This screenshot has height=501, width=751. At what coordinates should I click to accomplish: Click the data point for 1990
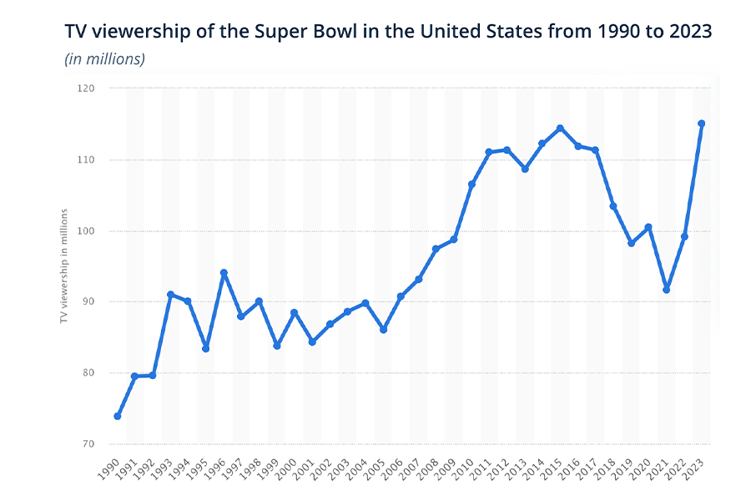pyautogui.click(x=118, y=416)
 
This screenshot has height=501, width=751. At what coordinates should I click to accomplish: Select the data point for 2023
pyautogui.click(x=702, y=124)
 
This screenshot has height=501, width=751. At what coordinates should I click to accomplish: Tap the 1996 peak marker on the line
pyautogui.click(x=224, y=272)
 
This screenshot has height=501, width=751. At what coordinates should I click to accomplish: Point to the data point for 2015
pyautogui.click(x=560, y=128)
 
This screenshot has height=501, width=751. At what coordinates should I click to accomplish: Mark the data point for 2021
pyautogui.click(x=666, y=290)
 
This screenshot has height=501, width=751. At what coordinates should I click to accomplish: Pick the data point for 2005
pyautogui.click(x=383, y=330)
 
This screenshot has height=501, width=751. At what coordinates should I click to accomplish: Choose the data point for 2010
pyautogui.click(x=471, y=184)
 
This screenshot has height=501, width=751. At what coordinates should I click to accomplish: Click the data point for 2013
pyautogui.click(x=525, y=169)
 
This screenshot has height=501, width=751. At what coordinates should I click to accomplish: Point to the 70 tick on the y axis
pyautogui.click(x=88, y=444)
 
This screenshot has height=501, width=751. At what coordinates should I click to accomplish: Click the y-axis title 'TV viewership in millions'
pyautogui.click(x=64, y=266)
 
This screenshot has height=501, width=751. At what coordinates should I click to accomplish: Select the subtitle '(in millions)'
pyautogui.click(x=104, y=59)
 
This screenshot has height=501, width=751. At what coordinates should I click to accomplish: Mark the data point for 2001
pyautogui.click(x=312, y=342)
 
